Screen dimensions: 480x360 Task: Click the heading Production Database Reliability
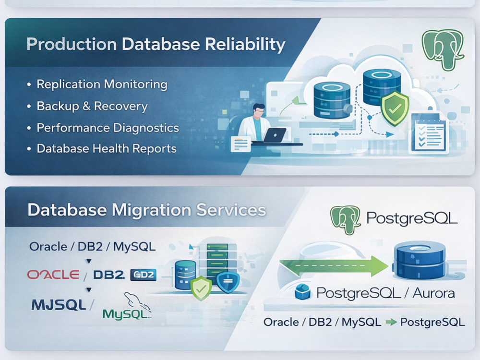click(x=156, y=44)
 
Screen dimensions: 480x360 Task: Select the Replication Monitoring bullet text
click(x=102, y=84)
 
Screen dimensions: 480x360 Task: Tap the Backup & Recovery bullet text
click(x=92, y=106)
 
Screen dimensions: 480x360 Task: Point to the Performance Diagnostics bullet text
click(x=108, y=128)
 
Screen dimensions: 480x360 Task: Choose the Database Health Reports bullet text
click(x=107, y=148)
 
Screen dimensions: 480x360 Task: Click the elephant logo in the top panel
click(x=443, y=49)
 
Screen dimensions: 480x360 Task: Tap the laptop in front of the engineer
click(x=274, y=135)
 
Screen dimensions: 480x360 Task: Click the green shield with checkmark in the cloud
click(x=395, y=108)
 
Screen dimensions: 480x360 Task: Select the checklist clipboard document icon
click(x=429, y=132)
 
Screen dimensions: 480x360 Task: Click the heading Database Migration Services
click(x=147, y=210)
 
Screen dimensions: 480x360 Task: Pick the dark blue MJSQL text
click(x=59, y=305)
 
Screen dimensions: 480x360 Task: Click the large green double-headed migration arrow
click(x=334, y=265)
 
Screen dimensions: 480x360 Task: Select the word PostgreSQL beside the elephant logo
click(x=412, y=218)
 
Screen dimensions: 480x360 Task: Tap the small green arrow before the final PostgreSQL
click(x=391, y=322)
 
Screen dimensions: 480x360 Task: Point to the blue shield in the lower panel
click(x=228, y=282)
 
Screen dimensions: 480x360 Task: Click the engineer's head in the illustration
click(x=259, y=110)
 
